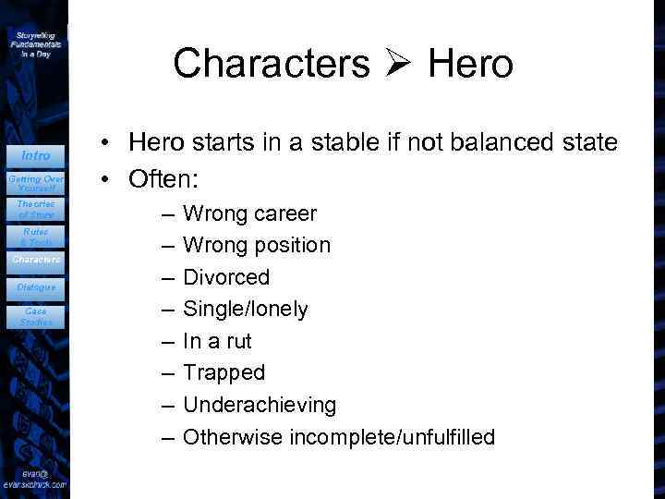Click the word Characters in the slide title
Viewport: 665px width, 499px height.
271,64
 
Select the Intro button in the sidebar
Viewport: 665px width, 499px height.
35,156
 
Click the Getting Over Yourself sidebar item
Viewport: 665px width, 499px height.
35,182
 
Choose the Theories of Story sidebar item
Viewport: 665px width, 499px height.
35,209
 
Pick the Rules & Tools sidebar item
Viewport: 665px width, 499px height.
35,236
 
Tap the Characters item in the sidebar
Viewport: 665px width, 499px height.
35,261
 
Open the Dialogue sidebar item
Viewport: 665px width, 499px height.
35,287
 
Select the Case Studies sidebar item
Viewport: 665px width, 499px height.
35,317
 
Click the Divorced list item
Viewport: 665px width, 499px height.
226,277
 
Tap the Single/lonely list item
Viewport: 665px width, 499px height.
246,310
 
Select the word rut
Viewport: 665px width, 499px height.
238,342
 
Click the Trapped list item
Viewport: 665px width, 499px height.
224,373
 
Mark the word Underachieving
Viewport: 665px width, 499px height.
260,405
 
